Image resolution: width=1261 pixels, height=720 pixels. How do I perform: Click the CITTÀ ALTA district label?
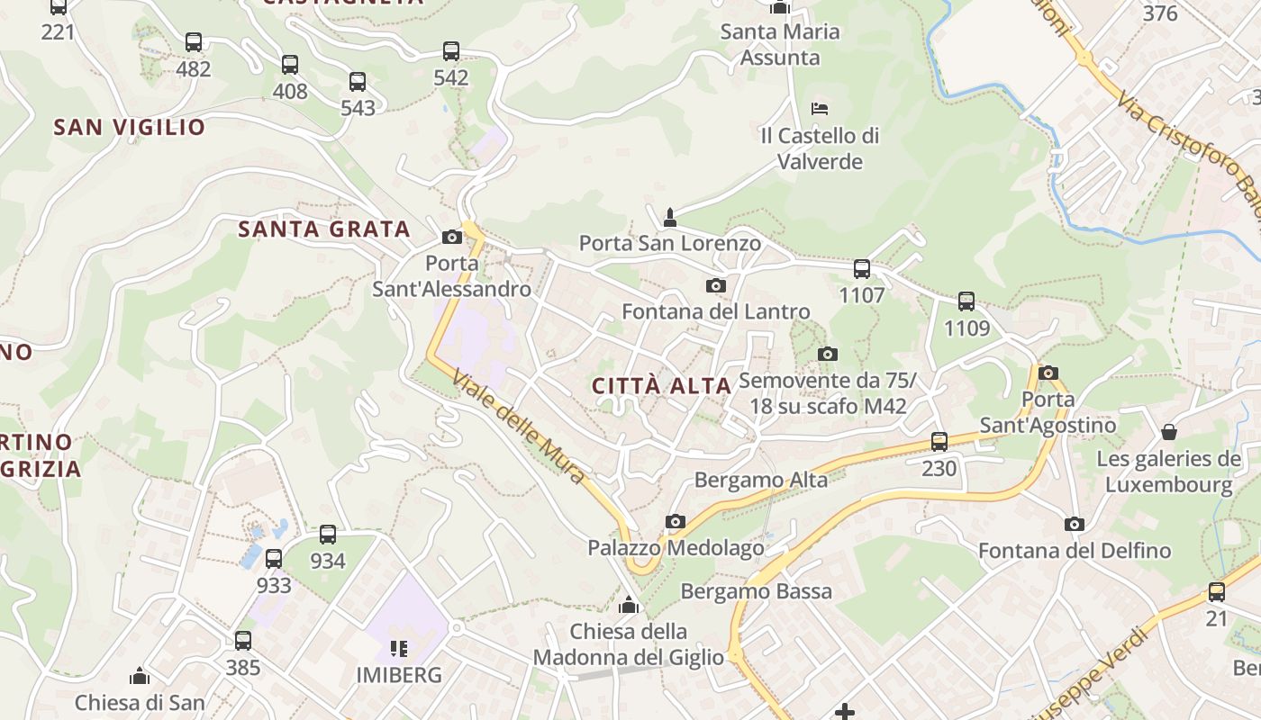tap(661, 386)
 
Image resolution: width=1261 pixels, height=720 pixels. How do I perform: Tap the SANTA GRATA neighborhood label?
tap(324, 229)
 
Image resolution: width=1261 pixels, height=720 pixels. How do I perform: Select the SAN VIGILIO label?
tap(130, 127)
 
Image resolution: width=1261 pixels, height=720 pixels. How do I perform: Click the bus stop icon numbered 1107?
tap(862, 268)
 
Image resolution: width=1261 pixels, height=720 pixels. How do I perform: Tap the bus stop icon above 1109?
tap(966, 301)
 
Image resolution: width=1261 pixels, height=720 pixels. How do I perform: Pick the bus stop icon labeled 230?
tap(939, 442)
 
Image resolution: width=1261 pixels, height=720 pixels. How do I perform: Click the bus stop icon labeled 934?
tap(328, 535)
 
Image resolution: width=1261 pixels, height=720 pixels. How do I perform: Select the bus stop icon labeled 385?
tap(243, 641)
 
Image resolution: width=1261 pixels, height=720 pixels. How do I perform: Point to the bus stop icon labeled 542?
tap(451, 51)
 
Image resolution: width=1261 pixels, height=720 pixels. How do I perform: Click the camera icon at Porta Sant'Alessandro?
tap(452, 238)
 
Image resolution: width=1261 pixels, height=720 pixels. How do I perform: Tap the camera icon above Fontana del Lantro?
tap(716, 286)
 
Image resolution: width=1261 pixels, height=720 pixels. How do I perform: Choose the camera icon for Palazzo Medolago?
tap(676, 522)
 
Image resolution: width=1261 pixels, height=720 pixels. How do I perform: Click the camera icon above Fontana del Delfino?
tap(1075, 525)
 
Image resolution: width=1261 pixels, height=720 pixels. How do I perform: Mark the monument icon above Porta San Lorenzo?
tap(669, 217)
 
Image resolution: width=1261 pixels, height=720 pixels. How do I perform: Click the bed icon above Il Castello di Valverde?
tap(820, 109)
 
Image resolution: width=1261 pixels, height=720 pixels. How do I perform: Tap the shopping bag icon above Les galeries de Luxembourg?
tap(1169, 433)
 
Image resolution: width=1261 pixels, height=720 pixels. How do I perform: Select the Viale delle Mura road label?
tap(519, 427)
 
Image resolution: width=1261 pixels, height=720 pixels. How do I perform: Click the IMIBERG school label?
tap(399, 675)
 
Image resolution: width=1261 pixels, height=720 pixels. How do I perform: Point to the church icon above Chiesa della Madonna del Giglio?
tap(629, 605)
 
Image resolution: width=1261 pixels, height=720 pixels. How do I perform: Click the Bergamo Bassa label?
tap(757, 591)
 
